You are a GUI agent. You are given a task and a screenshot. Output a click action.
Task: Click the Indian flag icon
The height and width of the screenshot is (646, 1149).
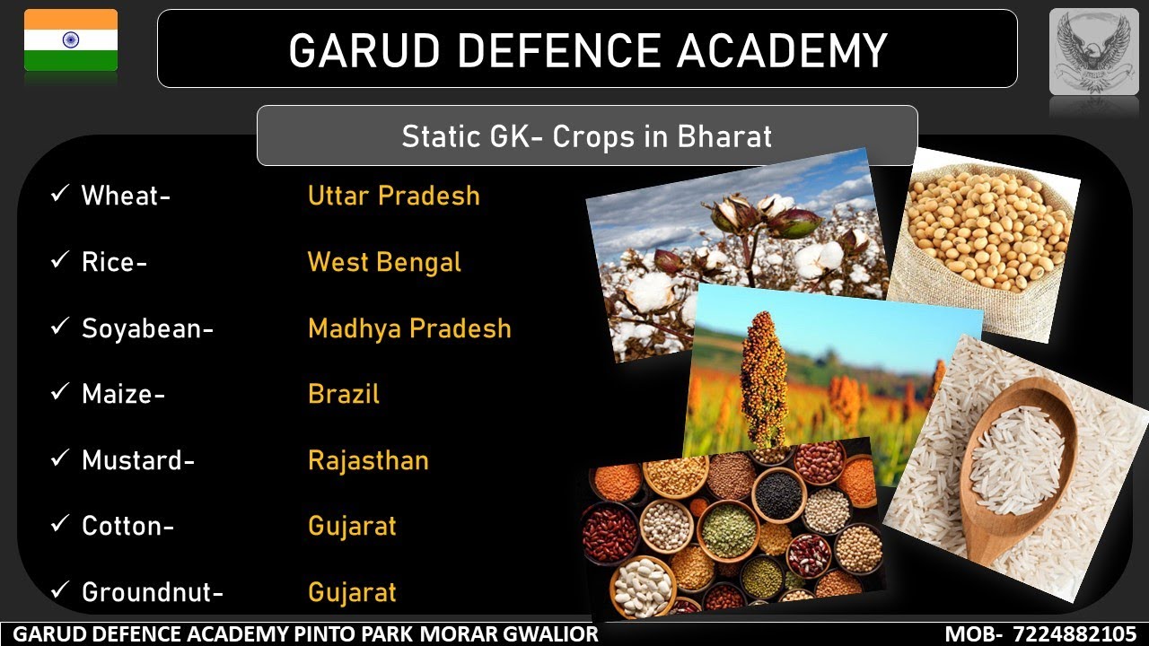(71, 40)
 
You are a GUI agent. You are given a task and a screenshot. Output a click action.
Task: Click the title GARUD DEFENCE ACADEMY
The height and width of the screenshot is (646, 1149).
(587, 49)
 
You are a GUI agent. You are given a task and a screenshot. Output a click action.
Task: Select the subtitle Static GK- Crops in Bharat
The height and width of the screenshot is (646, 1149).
(587, 136)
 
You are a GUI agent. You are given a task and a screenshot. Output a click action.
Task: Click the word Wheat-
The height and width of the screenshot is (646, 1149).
(126, 196)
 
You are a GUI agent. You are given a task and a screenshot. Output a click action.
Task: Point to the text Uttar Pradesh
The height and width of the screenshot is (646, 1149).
(393, 196)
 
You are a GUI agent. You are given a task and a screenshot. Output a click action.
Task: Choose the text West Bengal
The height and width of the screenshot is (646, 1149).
(384, 262)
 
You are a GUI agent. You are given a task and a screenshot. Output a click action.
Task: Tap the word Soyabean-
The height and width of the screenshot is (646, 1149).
(147, 328)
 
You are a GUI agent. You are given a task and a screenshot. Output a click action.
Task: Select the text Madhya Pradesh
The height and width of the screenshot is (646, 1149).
(409, 328)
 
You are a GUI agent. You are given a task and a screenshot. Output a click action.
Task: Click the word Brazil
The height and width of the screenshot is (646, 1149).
(344, 395)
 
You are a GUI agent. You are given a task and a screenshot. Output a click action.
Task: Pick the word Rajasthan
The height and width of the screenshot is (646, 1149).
(368, 461)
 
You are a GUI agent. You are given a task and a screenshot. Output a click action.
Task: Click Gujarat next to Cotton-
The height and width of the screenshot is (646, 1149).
(352, 526)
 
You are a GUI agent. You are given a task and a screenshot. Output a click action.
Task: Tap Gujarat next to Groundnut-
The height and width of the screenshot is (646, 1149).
(352, 592)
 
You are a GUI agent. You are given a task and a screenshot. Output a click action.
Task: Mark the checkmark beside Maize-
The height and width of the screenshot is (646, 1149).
(60, 393)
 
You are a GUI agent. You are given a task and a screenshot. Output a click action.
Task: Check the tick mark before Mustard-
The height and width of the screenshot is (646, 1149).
(60, 459)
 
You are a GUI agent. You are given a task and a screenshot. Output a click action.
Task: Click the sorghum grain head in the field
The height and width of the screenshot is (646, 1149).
(763, 377)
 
